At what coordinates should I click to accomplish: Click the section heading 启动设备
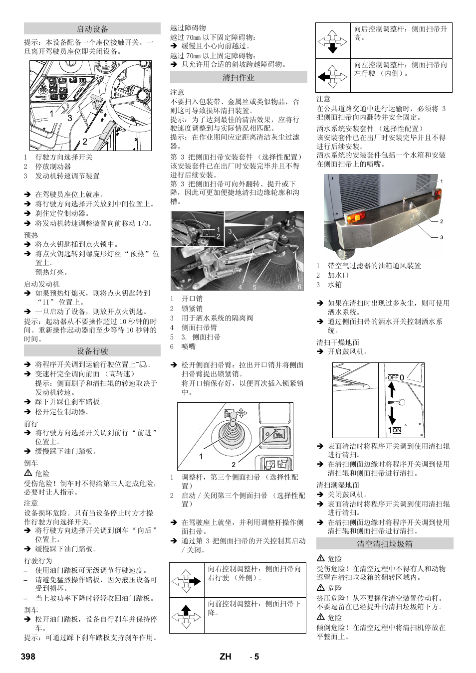coord(92,29)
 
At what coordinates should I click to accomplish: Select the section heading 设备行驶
coord(92,351)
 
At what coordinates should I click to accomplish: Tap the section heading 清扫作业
coord(238,77)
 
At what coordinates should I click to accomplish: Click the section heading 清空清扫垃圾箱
coord(384,544)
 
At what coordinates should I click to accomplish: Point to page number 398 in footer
coord(28,656)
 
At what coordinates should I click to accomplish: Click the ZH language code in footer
coord(226,656)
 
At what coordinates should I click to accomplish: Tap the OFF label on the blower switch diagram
coord(393,377)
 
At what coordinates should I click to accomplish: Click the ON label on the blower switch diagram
coord(397,430)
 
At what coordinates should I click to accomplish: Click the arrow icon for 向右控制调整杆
coord(186,581)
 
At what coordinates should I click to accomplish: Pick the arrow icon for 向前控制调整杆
coord(186,616)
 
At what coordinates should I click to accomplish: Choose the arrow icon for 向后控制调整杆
coord(332,41)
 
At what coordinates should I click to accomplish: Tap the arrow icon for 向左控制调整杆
coord(332,76)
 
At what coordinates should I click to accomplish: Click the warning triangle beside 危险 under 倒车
coord(28,473)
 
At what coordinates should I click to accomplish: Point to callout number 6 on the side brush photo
coord(299,287)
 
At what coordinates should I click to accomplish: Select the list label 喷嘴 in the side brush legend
coord(189,346)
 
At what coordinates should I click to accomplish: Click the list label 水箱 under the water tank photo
coord(335,285)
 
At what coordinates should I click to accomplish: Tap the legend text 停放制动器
coord(53,167)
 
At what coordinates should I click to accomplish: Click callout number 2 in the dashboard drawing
coord(85,141)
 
